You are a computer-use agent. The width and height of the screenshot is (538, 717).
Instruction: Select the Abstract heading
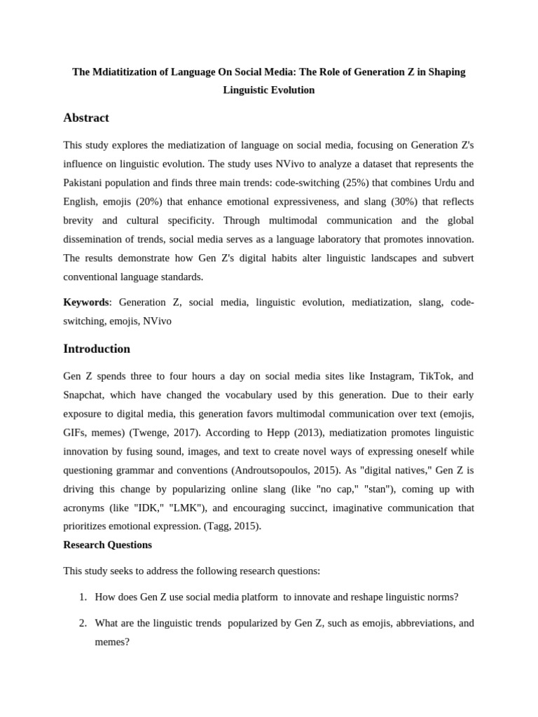click(x=86, y=118)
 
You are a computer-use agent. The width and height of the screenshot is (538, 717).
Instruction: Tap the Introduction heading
click(x=97, y=349)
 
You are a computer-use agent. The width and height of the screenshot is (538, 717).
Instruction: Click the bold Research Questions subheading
click(x=107, y=544)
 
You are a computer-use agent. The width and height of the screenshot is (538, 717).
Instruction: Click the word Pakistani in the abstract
click(x=85, y=183)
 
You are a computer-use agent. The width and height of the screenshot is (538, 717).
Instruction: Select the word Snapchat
click(x=85, y=395)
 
